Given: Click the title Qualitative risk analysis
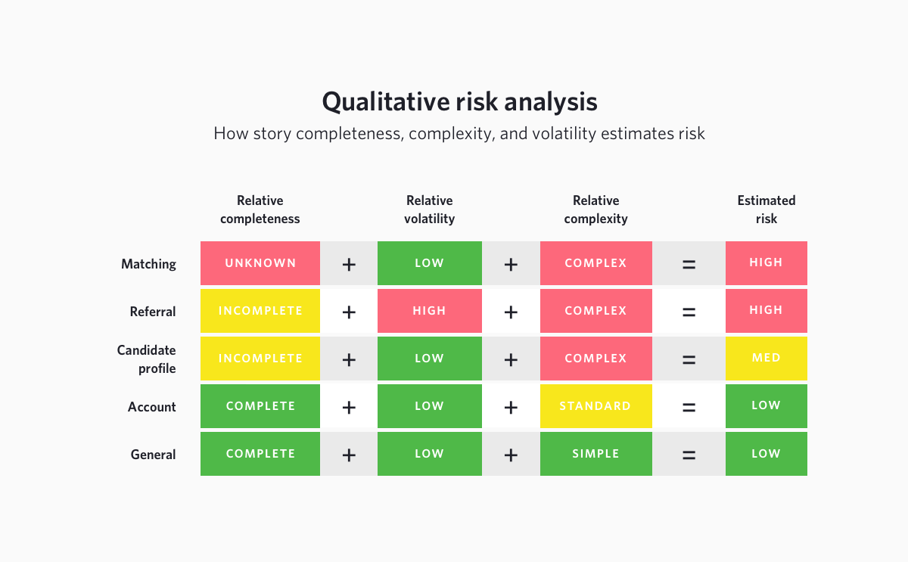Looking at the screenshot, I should pyautogui.click(x=459, y=101).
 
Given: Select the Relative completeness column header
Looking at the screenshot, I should pyautogui.click(x=260, y=210).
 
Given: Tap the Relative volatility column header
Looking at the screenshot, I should pyautogui.click(x=429, y=210).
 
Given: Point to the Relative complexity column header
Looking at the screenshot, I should pyautogui.click(x=595, y=210).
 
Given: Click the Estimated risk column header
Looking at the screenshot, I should pyautogui.click(x=766, y=210).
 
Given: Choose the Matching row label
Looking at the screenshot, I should pyautogui.click(x=148, y=264).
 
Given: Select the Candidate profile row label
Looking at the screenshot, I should pyautogui.click(x=146, y=359).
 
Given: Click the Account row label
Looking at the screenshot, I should pyautogui.click(x=151, y=407).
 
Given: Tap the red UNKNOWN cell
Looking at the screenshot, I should pyautogui.click(x=260, y=263).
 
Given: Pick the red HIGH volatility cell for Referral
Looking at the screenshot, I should pyautogui.click(x=429, y=311).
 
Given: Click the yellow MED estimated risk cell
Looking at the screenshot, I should pyautogui.click(x=766, y=359).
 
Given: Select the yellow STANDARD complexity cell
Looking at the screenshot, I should pyautogui.click(x=595, y=406).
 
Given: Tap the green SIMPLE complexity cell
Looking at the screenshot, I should pyautogui.click(x=595, y=454).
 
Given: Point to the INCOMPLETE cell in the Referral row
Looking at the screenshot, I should pyautogui.click(x=260, y=311).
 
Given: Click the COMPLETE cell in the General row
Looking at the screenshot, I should pyautogui.click(x=260, y=454).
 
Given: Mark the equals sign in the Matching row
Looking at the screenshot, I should pyautogui.click(x=689, y=264).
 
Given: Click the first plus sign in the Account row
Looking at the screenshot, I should pyautogui.click(x=349, y=407).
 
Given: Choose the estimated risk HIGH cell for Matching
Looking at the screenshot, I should pyautogui.click(x=766, y=263).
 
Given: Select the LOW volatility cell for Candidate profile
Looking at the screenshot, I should pyautogui.click(x=429, y=359).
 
